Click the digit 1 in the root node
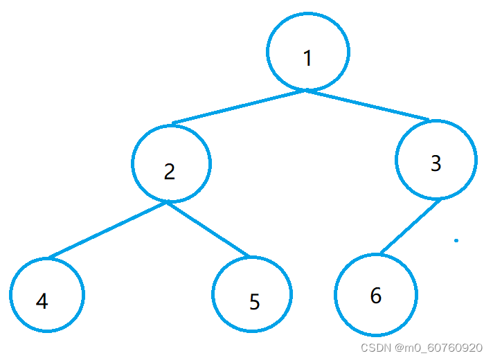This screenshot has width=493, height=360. [x=308, y=59]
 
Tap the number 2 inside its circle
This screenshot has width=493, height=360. [x=170, y=172]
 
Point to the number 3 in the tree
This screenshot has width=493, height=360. [x=436, y=163]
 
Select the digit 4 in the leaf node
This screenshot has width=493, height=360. [x=42, y=302]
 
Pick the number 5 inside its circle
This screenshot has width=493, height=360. [x=254, y=303]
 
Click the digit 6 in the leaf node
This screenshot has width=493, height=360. [x=376, y=296]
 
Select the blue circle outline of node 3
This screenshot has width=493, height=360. [x=397, y=159]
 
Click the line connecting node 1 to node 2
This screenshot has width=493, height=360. [x=239, y=107]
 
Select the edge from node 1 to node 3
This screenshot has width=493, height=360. [x=367, y=105]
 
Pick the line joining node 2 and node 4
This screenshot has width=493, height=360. [x=107, y=230]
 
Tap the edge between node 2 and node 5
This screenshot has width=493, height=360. [x=208, y=229]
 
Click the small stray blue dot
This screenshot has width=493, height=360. [x=456, y=241]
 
